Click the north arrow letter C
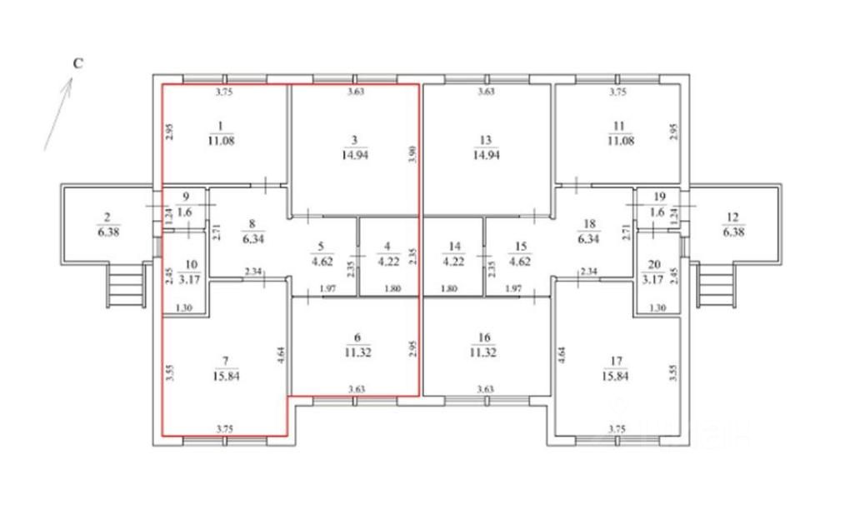pos(77,63)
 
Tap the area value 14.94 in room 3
pos(354,153)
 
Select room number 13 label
pos(487,139)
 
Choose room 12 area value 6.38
pos(733,232)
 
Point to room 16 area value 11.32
pos(487,352)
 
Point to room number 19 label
pos(659,196)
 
